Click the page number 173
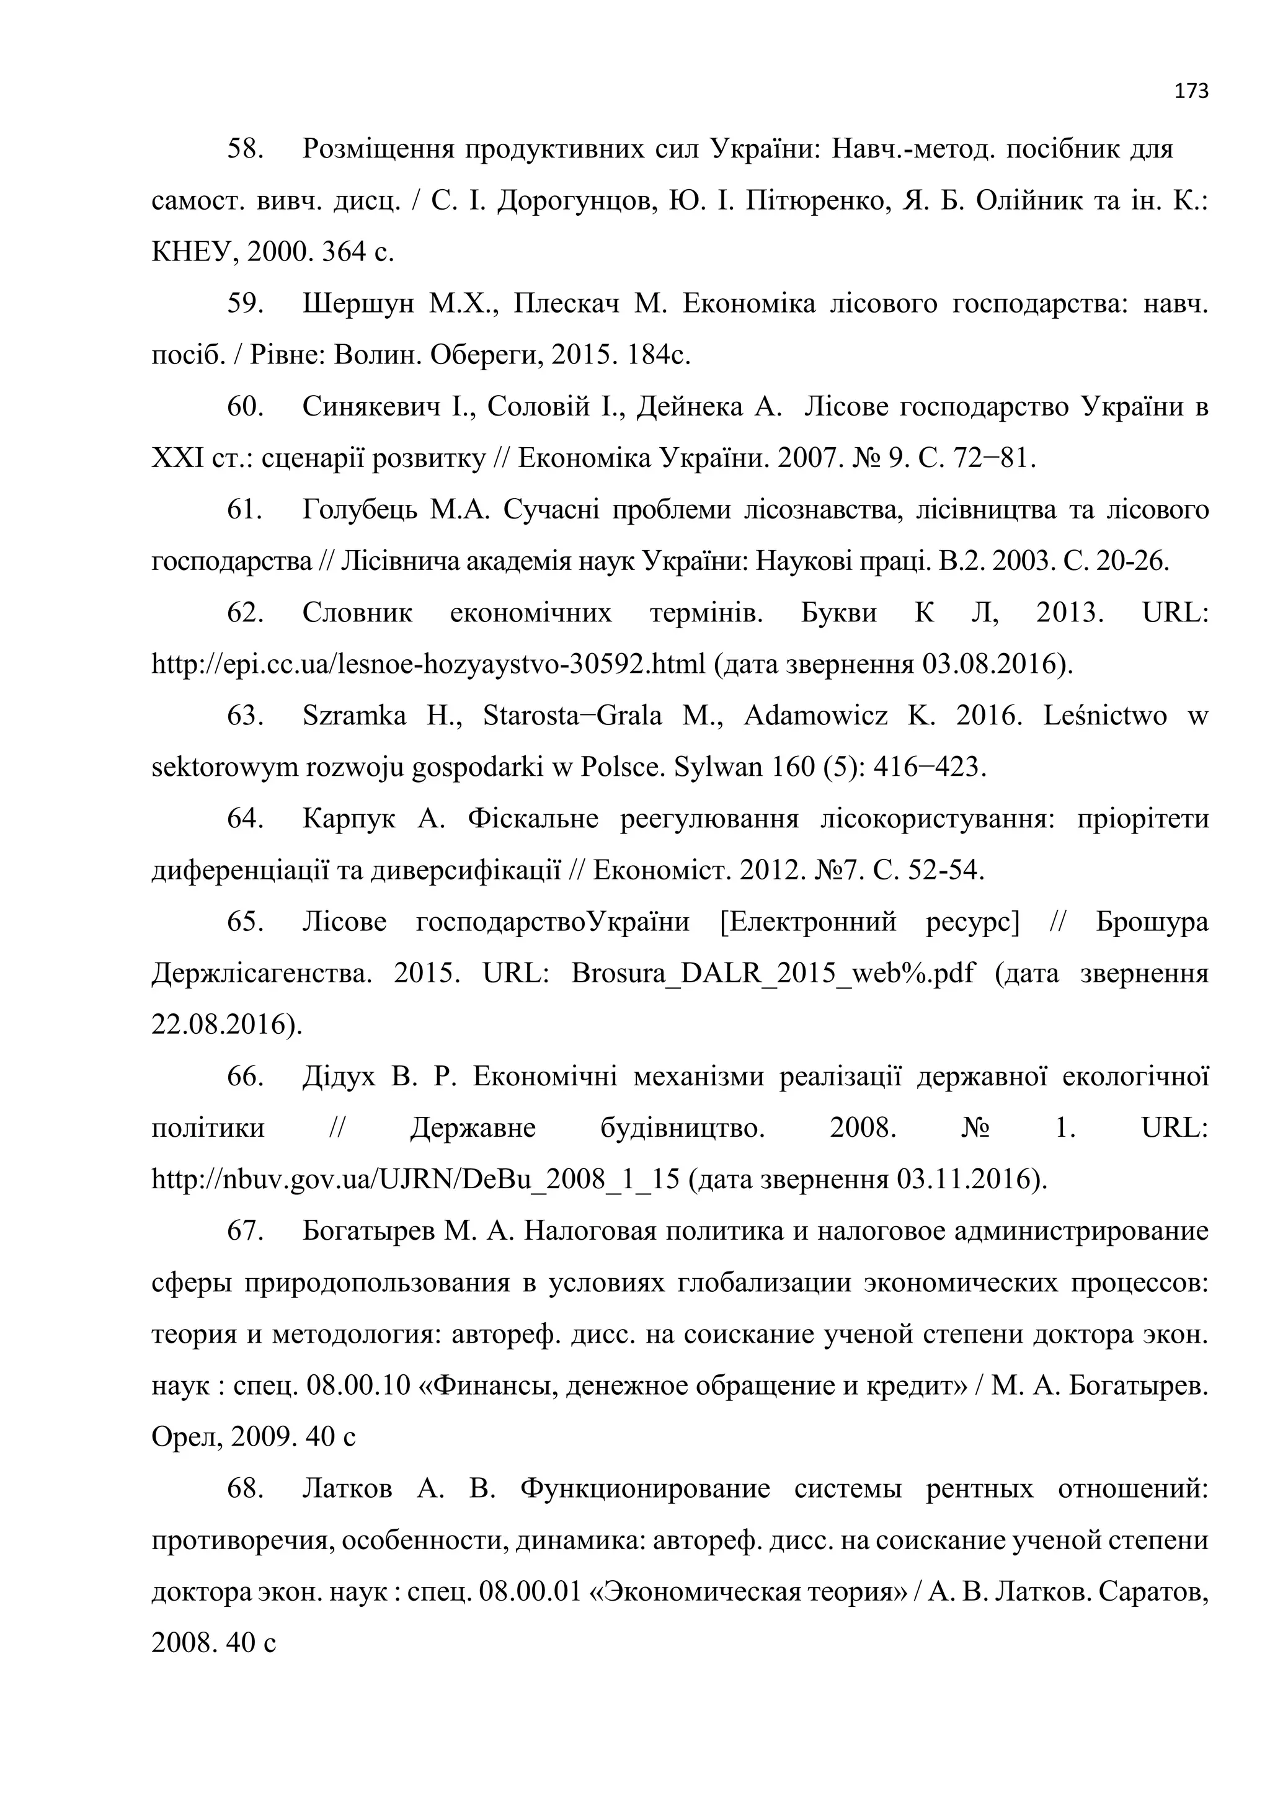(x=1192, y=92)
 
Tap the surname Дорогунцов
(x=574, y=201)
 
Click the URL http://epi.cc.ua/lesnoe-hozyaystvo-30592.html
(x=429, y=664)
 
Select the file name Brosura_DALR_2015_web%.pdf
(x=773, y=974)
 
